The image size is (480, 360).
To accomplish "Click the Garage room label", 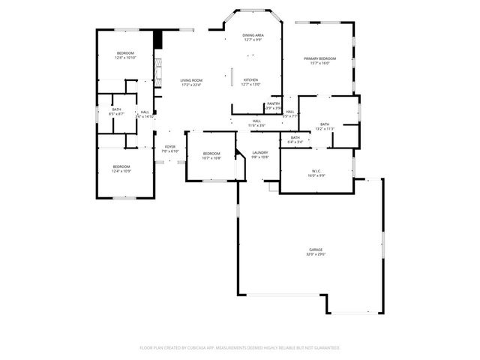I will tap(316, 250).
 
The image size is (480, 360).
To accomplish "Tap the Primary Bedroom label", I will tap(320, 58).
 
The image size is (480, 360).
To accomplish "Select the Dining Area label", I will tap(253, 35).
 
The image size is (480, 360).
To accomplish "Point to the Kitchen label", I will tap(250, 79).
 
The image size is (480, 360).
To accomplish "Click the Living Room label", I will tap(191, 80).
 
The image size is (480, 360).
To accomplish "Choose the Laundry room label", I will tap(260, 153).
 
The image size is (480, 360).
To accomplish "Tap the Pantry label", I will tap(273, 103).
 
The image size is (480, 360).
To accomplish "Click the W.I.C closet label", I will tap(316, 172).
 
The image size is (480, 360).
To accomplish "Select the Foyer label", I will tap(170, 147).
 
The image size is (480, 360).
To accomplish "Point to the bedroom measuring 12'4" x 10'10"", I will tap(124, 53).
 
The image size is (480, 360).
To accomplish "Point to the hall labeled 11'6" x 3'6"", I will tap(256, 125).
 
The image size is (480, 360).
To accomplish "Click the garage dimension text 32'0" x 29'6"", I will tap(316, 255).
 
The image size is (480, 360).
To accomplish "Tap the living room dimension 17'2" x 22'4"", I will tap(191, 85).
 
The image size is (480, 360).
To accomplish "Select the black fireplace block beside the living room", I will tap(157, 40).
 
